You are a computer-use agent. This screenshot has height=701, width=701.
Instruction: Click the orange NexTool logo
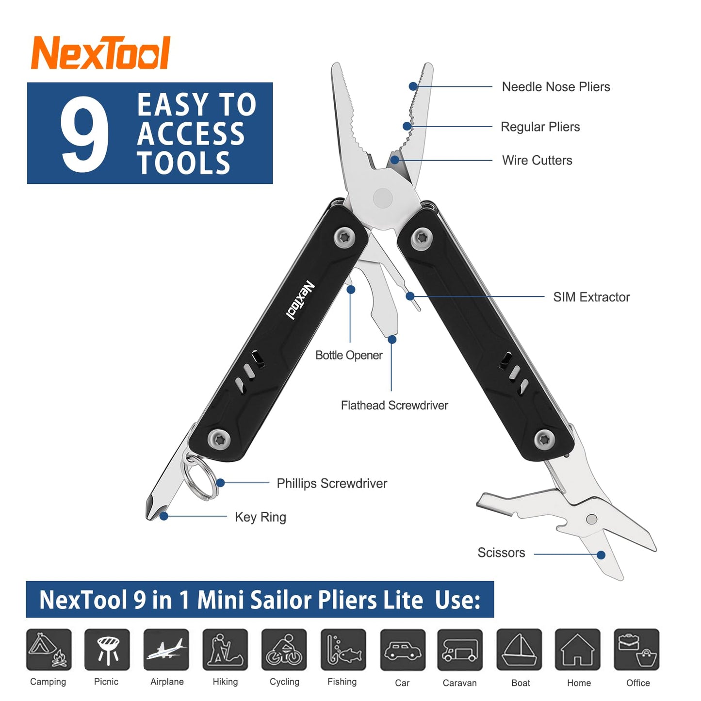pos(100,53)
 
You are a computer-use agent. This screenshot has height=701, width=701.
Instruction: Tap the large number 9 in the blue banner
pos(84,134)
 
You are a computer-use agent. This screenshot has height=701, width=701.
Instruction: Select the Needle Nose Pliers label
pos(555,87)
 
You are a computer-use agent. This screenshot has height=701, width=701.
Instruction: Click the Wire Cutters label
pos(537,160)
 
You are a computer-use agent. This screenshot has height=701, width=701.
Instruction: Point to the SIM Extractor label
pos(591,297)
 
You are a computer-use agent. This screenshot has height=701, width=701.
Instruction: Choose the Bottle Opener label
pos(348,355)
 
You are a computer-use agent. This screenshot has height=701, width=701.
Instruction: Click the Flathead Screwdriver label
pos(394,405)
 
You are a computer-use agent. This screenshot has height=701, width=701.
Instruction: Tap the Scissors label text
pos(501,553)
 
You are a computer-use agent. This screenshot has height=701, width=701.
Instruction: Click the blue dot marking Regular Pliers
pos(407,127)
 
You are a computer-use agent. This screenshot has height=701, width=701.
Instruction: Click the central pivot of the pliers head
pos(383,198)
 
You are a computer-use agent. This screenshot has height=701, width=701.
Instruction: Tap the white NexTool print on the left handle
pos(300,300)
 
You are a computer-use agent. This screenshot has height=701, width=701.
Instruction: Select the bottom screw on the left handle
pos(219,439)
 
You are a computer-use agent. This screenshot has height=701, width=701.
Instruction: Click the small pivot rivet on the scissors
pos(591,519)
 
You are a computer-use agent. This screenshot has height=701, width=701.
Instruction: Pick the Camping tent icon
pos(49,650)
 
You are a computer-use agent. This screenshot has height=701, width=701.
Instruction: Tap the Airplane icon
pos(166,650)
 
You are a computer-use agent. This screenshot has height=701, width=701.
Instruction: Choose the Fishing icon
pos(343,650)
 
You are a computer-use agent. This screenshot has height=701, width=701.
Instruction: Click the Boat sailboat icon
pos(519,650)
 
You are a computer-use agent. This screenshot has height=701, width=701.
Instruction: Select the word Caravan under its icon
pos(459,683)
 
